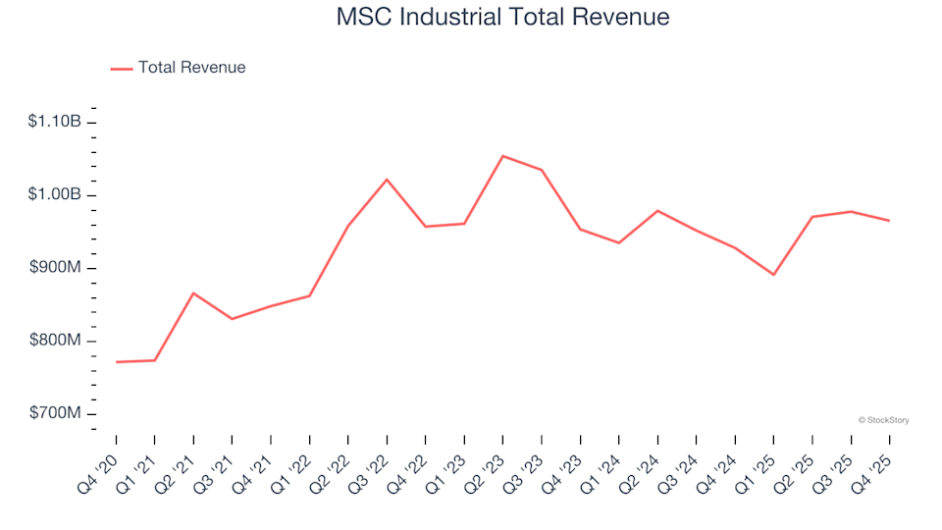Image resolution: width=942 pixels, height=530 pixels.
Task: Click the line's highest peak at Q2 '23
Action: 502,156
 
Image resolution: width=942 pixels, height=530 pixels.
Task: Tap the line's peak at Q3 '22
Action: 387,180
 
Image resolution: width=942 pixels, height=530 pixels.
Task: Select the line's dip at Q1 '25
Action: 773,275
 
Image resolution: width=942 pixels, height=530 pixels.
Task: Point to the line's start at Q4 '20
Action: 117,362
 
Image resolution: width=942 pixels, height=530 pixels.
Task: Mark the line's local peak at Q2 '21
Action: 193,292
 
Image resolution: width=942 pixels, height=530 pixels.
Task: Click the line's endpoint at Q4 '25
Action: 889,221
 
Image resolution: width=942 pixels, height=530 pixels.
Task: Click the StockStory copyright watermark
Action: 883,420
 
